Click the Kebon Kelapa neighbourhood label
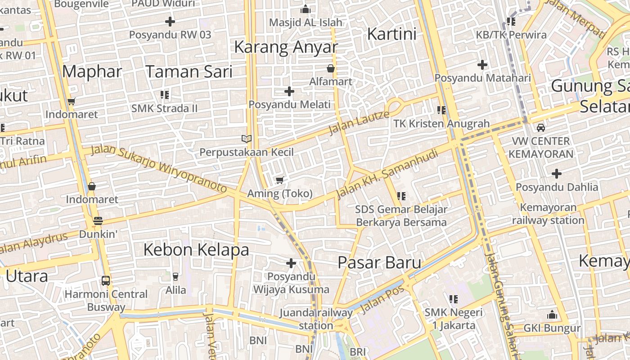[x=196, y=250]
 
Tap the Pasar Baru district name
[x=379, y=263]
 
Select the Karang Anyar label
[x=286, y=47]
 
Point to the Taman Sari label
[x=189, y=72]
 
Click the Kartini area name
[x=392, y=34]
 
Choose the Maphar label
[x=92, y=72]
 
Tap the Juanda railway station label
[x=316, y=319]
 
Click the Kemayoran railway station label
[x=548, y=214]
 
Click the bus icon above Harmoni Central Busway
[x=106, y=281]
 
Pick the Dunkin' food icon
[x=98, y=221]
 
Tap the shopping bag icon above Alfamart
[x=331, y=68]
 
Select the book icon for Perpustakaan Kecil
[x=246, y=139]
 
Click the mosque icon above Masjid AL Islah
[x=306, y=9]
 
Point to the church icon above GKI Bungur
[x=552, y=315]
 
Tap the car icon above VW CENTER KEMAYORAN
[x=541, y=128]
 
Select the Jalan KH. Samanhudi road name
[x=387, y=173]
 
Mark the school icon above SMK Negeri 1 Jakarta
[x=453, y=299]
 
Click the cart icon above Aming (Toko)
[x=279, y=180]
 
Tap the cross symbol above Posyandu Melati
[x=289, y=91]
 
